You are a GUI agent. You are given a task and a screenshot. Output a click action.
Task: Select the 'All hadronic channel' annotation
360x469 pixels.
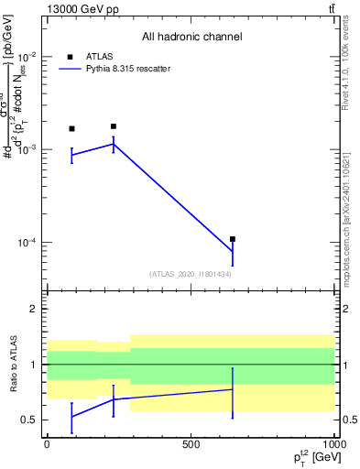pyautogui.click(x=191, y=37)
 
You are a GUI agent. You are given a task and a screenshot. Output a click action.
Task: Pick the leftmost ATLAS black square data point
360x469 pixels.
pyautogui.click(x=71, y=128)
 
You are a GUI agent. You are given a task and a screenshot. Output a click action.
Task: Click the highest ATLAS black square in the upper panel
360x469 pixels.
pyautogui.click(x=114, y=126)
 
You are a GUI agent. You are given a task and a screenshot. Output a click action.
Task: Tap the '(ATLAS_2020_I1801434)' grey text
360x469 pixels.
pyautogui.click(x=191, y=274)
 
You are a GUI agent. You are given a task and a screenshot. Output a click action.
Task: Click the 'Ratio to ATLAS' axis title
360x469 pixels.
pyautogui.click(x=13, y=365)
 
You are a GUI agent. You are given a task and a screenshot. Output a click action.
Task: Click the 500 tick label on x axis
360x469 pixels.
pyautogui.click(x=191, y=444)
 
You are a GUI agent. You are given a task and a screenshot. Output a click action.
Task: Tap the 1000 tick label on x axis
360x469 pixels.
pyautogui.click(x=333, y=444)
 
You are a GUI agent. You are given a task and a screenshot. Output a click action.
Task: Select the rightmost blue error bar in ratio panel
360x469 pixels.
pyautogui.click(x=233, y=392)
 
